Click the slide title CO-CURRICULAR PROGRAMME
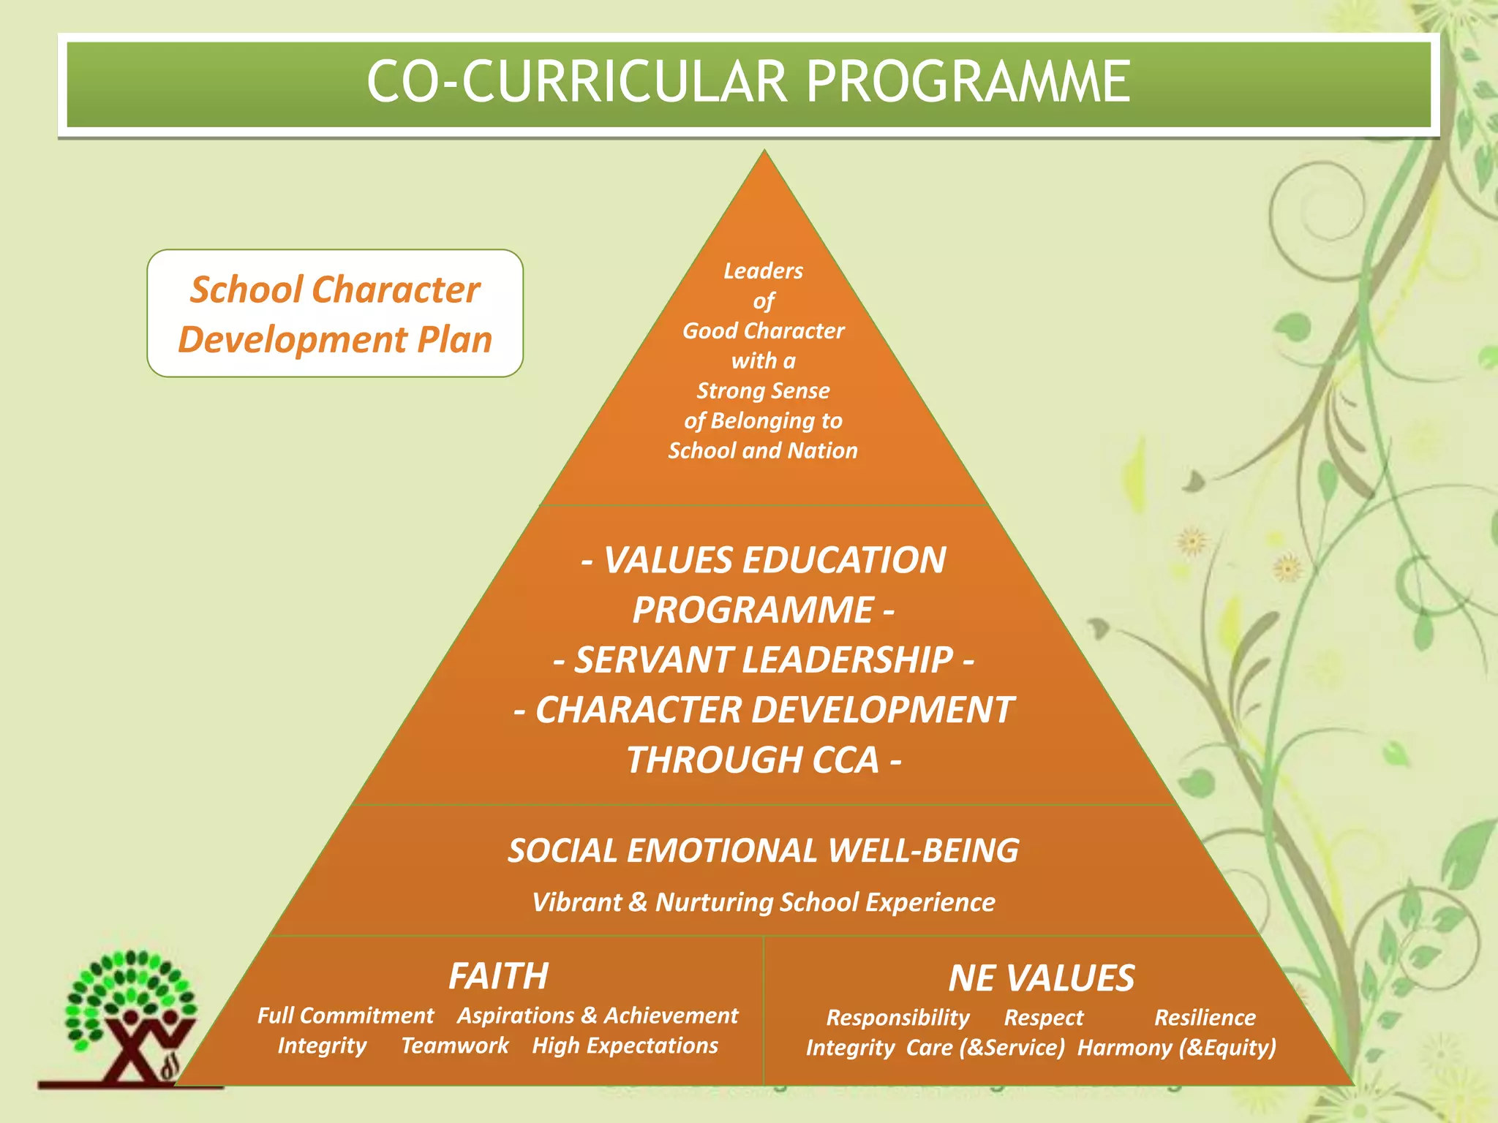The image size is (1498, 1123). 748,82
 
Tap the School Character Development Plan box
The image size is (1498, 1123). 335,314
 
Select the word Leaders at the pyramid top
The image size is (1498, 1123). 763,271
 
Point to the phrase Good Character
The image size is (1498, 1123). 763,331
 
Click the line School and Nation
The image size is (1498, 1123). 763,450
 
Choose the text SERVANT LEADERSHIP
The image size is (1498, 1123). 763,660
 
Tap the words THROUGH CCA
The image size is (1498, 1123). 763,760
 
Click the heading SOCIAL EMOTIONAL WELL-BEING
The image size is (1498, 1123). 763,851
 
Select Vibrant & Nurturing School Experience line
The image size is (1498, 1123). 763,902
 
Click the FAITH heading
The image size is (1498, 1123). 498,976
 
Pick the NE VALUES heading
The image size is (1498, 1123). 1041,978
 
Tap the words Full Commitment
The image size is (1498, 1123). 345,1016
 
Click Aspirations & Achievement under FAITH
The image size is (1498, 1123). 598,1016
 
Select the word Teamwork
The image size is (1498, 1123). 454,1046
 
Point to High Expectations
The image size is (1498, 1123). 625,1046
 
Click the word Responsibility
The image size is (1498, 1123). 897,1018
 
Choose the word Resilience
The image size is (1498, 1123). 1205,1018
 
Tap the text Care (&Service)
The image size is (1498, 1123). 985,1048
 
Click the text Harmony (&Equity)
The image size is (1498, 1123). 1176,1048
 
